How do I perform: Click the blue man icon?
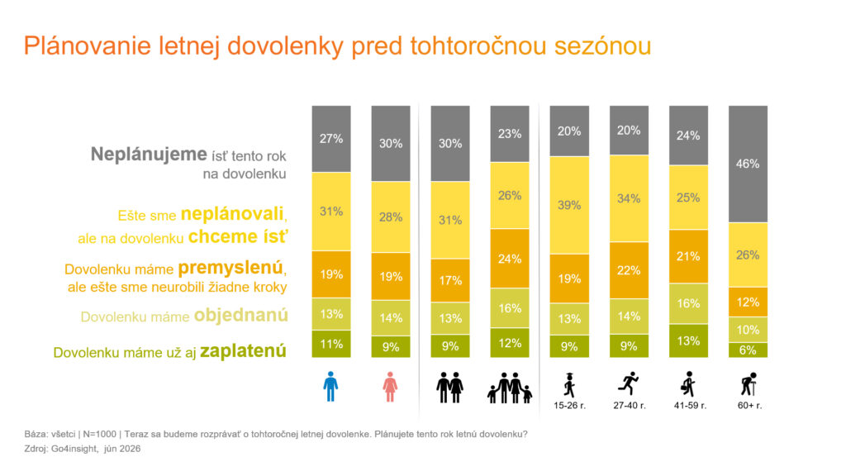330,387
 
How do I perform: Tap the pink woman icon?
390,387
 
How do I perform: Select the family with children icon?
510,388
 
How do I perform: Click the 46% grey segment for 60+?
748,164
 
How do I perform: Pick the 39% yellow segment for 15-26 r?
569,205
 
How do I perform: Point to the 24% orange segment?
510,259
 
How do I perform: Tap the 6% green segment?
748,350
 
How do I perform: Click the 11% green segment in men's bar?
331,344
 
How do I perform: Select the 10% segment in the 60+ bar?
748,330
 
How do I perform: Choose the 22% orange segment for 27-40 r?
629,270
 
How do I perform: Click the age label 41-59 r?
690,405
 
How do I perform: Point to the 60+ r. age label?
749,405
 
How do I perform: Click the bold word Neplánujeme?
149,155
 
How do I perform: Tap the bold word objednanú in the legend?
240,315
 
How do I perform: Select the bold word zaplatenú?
243,350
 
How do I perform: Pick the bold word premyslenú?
231,268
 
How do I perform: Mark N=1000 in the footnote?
99,434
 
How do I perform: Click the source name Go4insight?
74,449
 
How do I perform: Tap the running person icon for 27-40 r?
629,383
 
